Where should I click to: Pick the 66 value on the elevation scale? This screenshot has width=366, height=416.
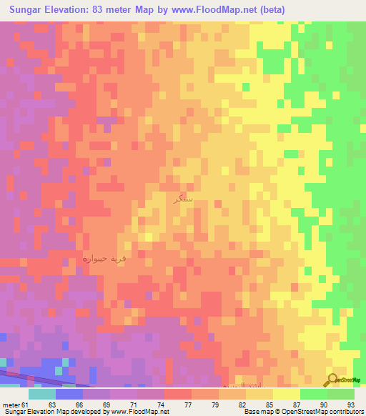pos(69,405)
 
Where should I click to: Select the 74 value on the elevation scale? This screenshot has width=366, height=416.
pos(151,405)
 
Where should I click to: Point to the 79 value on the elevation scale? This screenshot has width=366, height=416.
pos(205,405)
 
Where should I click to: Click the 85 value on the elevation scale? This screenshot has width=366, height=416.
pos(259,405)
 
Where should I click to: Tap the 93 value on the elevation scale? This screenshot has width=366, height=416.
pos(350,405)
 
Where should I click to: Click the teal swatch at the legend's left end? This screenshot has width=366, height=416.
pos(42,394)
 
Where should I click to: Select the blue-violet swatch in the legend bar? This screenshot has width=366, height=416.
pos(69,394)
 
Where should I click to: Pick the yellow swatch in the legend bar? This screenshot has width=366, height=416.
pos(287,394)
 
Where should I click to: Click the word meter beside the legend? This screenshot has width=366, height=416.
pos(10,405)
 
